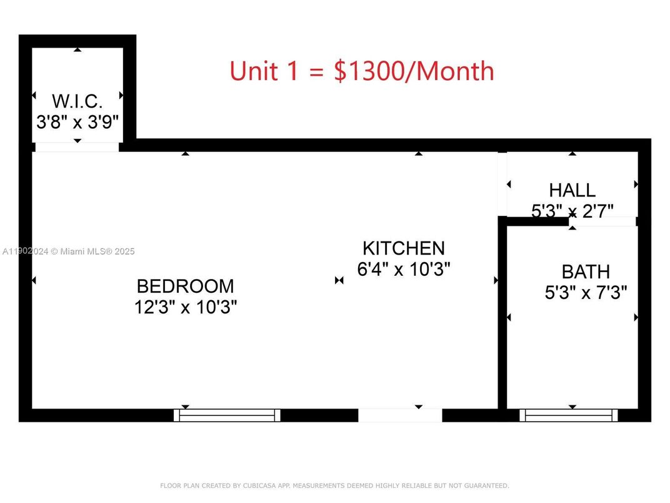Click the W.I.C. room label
coord(77,100)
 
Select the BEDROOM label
coord(185,287)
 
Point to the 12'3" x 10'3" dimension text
coord(185,307)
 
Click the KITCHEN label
coord(404,248)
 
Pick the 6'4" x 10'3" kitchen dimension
coord(404,269)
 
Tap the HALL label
coord(572,190)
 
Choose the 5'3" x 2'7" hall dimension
coord(572,210)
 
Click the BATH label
coord(586,272)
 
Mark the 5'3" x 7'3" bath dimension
coord(586,293)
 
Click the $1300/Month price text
coord(414,71)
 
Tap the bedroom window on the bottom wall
coord(227,415)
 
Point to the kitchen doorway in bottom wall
coord(400,415)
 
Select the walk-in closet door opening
coord(76,147)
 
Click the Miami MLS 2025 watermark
coord(69,251)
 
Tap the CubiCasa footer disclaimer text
coord(334,485)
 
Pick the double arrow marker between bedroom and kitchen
coord(339,280)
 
